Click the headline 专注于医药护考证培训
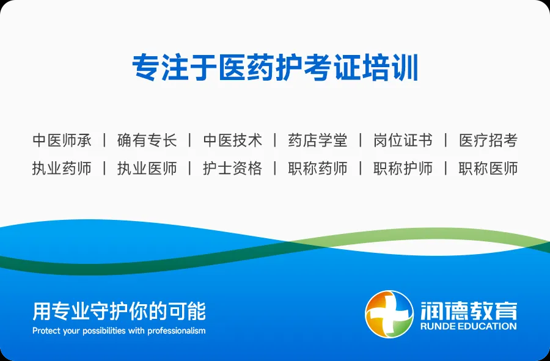pyautogui.click(x=275, y=67)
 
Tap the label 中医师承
pyautogui.click(x=62, y=140)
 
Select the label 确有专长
pyautogui.click(x=147, y=140)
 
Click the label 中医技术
pyautogui.click(x=233, y=140)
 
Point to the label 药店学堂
pyautogui.click(x=318, y=140)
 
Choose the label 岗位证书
pyautogui.click(x=403, y=140)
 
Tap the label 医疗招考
pyautogui.click(x=488, y=140)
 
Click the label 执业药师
pyautogui.click(x=62, y=168)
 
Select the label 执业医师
pyautogui.click(x=147, y=168)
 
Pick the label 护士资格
pyautogui.click(x=233, y=168)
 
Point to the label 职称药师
pyautogui.click(x=318, y=168)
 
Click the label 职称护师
pyautogui.click(x=403, y=168)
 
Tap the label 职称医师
pyautogui.click(x=488, y=168)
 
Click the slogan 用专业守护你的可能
pyautogui.click(x=119, y=311)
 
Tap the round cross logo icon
pyautogui.click(x=389, y=314)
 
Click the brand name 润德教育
pyautogui.click(x=469, y=310)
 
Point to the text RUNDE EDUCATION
pyautogui.click(x=469, y=326)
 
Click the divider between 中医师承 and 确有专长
pyautogui.click(x=105, y=140)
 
